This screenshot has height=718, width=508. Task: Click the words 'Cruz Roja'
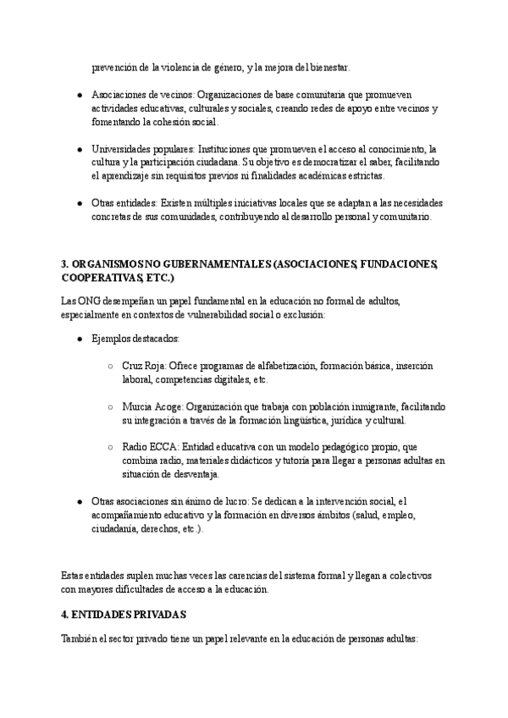143,366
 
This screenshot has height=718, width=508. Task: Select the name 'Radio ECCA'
147,445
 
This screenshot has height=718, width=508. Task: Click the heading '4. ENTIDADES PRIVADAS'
124,613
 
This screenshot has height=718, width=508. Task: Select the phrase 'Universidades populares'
139,148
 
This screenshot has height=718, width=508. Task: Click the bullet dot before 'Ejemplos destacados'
79,339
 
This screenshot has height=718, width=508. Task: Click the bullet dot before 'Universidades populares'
79,148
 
